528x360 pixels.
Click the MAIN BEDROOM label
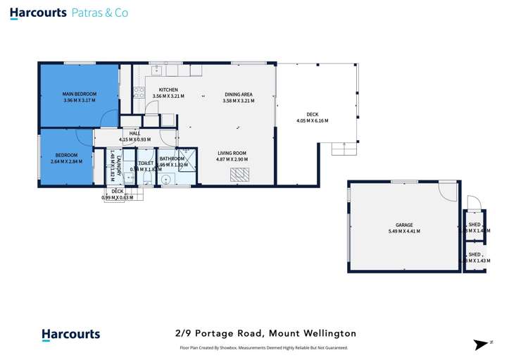79,94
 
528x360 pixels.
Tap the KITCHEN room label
168,90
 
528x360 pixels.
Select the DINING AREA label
238,94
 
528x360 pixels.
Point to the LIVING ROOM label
232,153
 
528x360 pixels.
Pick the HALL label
134,133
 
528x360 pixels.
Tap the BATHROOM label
172,159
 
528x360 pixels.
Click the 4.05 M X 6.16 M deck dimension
312,120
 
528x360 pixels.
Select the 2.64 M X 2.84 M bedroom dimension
66,161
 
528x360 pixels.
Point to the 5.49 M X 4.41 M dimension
404,231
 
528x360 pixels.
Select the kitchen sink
155,70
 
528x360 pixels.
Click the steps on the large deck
344,149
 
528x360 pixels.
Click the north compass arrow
482,345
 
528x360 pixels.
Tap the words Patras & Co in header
101,13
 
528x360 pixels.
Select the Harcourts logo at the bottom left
70,335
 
